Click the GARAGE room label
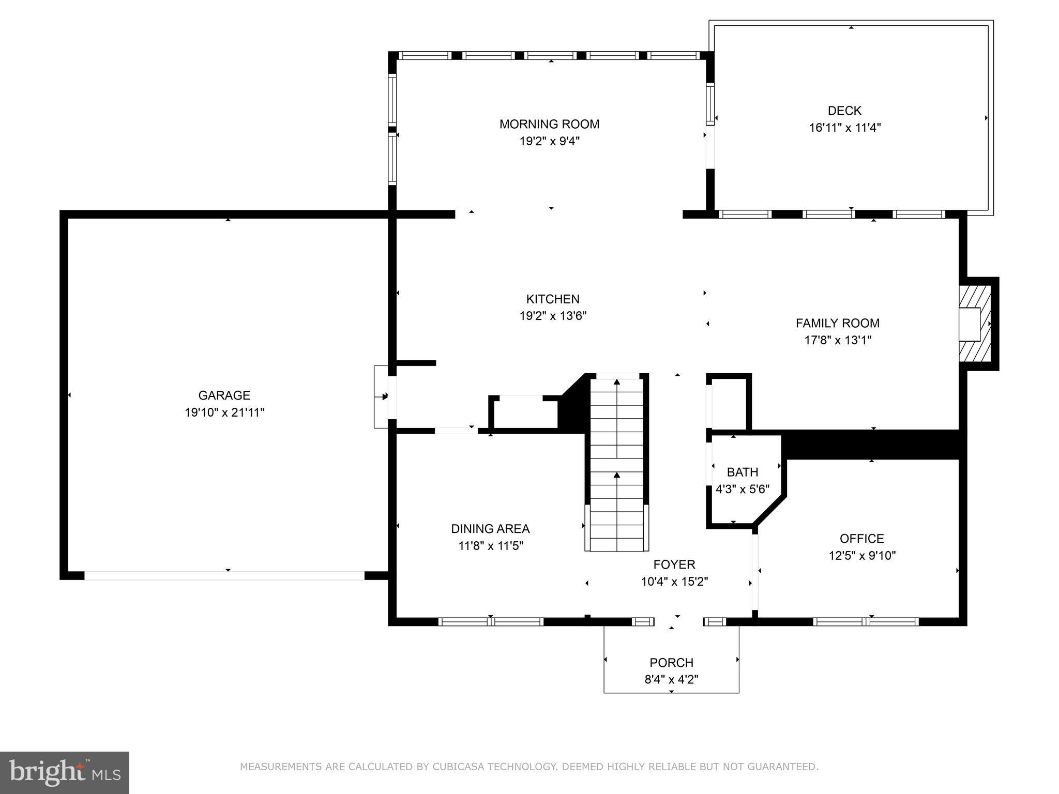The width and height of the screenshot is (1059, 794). click(224, 395)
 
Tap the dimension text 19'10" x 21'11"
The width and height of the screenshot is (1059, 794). click(224, 413)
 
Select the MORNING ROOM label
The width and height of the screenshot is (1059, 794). click(549, 124)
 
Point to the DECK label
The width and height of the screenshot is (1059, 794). click(844, 111)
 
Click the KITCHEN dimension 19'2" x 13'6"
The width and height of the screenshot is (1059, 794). click(553, 316)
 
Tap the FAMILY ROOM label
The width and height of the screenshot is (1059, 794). click(837, 323)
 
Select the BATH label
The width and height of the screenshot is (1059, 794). click(742, 472)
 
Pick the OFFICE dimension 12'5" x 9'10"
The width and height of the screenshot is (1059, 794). click(861, 556)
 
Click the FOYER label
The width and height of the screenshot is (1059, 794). click(674, 564)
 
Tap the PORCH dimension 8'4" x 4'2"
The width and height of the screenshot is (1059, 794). click(671, 679)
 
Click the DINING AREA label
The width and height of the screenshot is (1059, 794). click(490, 529)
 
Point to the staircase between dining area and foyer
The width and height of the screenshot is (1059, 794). click(617, 465)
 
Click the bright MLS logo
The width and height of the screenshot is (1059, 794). click(65, 772)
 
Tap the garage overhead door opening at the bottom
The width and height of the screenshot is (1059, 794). click(224, 575)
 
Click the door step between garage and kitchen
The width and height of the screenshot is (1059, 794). click(381, 396)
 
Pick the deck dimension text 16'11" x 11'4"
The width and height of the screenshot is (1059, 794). click(844, 128)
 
